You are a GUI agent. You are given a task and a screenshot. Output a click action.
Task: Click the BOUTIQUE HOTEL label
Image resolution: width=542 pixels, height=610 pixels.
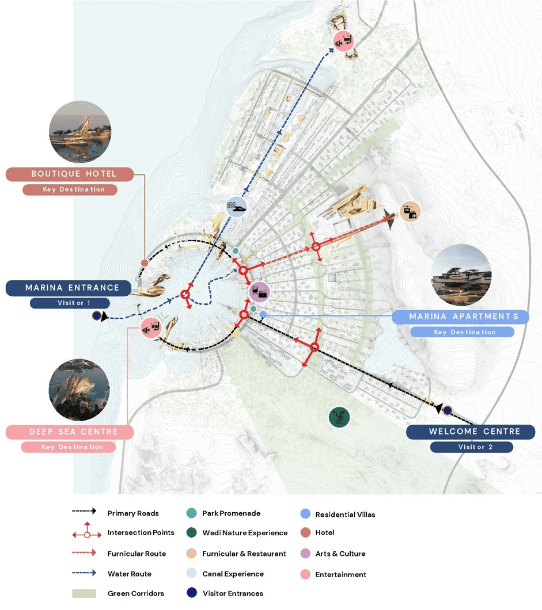pos(74,174)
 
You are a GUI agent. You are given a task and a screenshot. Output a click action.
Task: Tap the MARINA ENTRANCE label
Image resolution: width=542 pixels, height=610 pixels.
pos(72,288)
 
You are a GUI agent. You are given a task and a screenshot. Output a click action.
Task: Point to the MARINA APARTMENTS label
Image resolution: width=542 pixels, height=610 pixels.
pos(463,317)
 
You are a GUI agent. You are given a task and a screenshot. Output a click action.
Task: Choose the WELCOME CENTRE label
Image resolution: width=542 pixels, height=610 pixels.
pos(474,432)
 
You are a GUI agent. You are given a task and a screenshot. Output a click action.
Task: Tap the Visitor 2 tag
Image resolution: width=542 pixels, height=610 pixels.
pos(471,447)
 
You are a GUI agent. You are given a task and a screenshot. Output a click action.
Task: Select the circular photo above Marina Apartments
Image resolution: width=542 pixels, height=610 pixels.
pos(461,274)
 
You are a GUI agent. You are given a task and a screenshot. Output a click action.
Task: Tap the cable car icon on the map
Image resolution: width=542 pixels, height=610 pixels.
pos(411,211)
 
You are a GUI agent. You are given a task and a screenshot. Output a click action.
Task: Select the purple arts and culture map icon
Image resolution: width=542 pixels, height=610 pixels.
pos(259,292)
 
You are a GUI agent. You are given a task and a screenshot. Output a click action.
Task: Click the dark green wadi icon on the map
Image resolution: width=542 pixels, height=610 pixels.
pos(339,417)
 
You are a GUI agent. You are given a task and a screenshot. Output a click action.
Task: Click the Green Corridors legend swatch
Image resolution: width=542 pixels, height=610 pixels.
pos(84,593)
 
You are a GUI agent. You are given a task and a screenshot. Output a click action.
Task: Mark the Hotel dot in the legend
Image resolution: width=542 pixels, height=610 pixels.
pos(305,533)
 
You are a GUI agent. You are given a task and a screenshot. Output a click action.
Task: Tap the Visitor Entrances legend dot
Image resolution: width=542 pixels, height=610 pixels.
pos(192,593)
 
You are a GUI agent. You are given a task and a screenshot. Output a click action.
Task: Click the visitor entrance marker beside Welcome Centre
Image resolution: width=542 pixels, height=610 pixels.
pos(447,410)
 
